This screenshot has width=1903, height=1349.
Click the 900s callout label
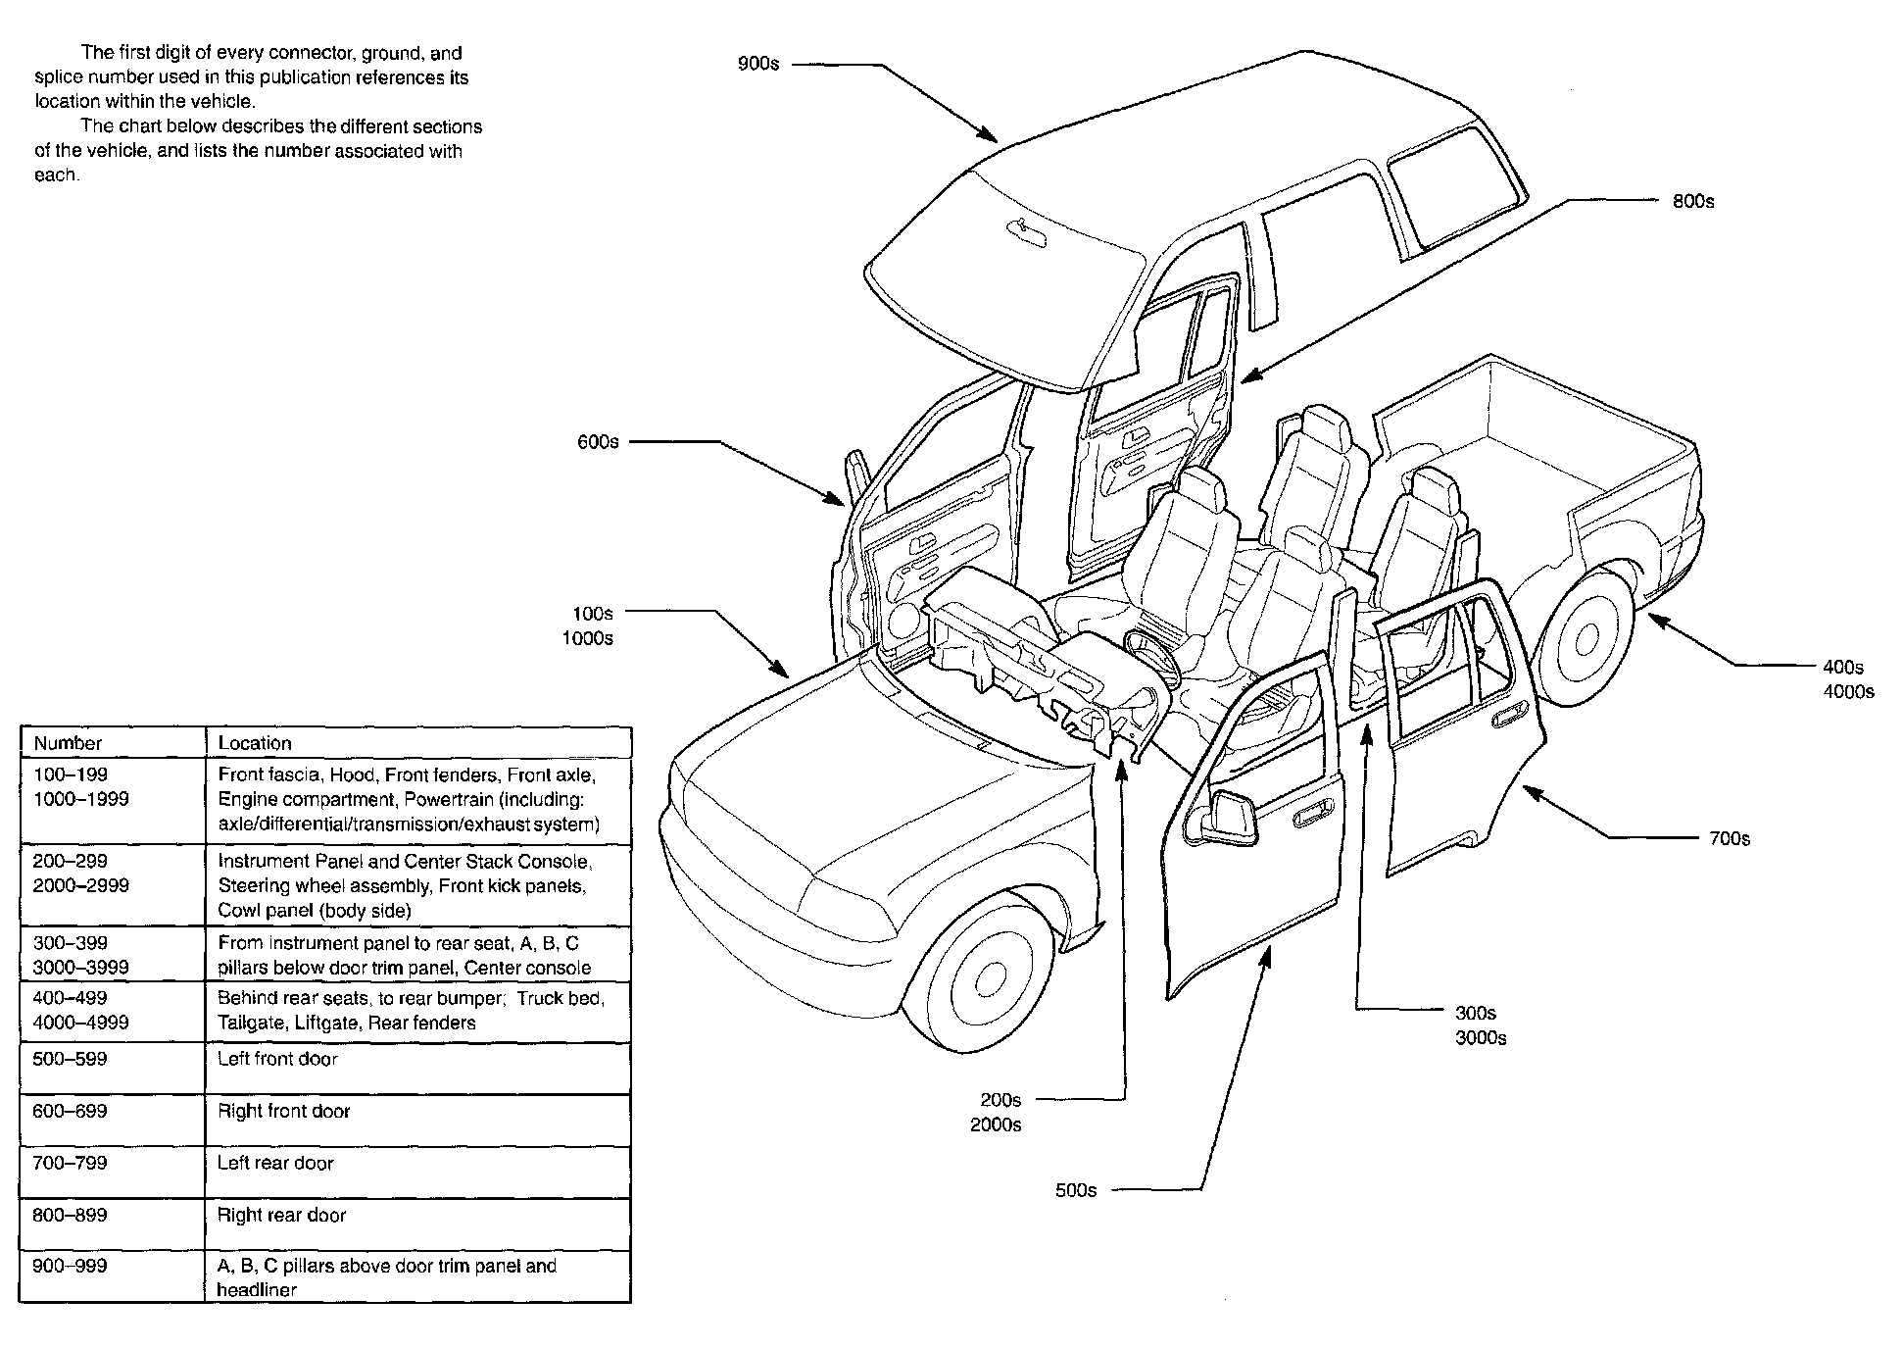coord(757,65)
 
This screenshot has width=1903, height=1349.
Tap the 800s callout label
coord(1692,201)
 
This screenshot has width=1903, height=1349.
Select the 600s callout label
coord(598,442)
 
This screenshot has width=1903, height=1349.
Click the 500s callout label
coord(1075,1190)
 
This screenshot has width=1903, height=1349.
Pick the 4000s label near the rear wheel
coord(1848,692)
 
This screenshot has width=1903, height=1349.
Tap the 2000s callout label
coord(996,1125)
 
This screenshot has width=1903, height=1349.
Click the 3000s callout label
coord(1481,1038)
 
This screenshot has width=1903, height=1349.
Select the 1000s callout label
coord(587,638)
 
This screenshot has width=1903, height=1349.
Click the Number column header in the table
coord(68,743)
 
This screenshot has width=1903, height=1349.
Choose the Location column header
coord(255,743)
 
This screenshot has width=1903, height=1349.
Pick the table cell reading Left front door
coord(277,1059)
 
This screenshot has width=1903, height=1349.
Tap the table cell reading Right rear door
coord(281,1215)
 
